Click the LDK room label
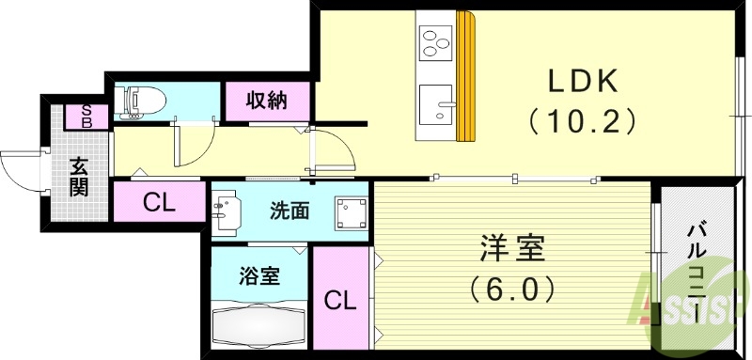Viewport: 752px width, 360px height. pyautogui.click(x=583, y=83)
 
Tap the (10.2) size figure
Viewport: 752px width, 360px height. pyautogui.click(x=583, y=120)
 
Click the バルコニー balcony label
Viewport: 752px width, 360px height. pyautogui.click(x=697, y=273)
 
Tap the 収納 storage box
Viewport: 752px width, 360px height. pyautogui.click(x=266, y=101)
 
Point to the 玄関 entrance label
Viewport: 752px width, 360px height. pyautogui.click(x=79, y=177)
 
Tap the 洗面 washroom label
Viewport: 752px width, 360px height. pyautogui.click(x=289, y=211)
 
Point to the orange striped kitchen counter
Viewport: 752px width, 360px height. pyautogui.click(x=465, y=75)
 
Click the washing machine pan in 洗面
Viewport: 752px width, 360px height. pyautogui.click(x=353, y=214)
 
